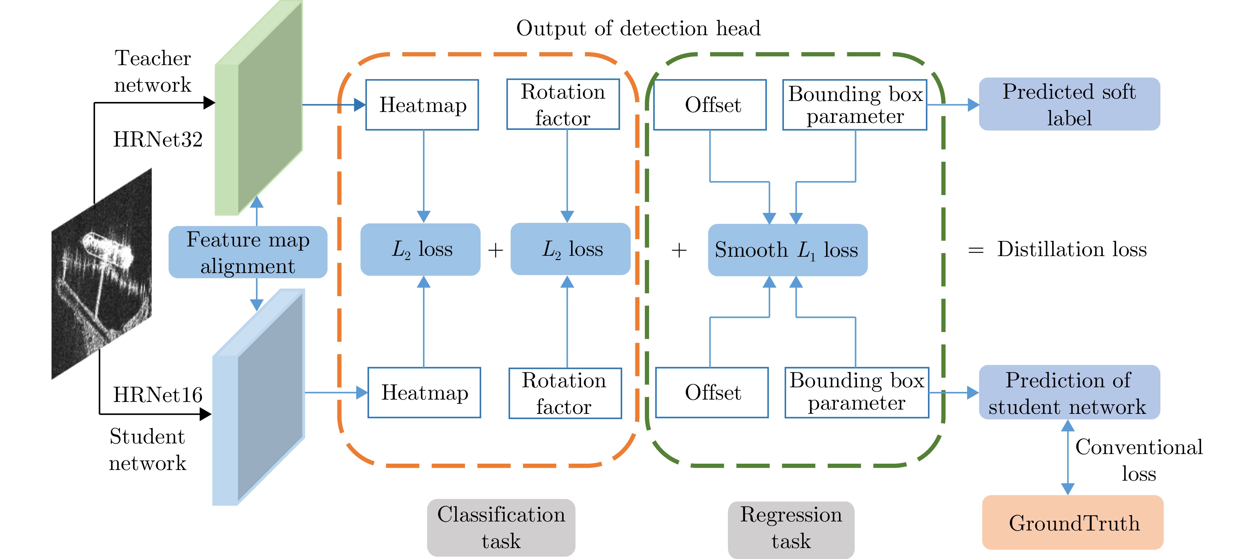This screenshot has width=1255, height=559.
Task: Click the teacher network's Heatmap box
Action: (x=422, y=105)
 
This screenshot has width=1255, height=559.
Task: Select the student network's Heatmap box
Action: (x=424, y=392)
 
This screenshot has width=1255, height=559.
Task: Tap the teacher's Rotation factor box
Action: (x=563, y=105)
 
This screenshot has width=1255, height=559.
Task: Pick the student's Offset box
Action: (x=712, y=392)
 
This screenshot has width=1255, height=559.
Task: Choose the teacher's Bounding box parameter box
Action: (x=855, y=105)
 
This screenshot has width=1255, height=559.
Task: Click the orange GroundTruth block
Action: (x=1073, y=522)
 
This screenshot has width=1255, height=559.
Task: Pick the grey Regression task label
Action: (x=791, y=528)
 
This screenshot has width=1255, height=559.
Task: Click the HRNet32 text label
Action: (x=157, y=140)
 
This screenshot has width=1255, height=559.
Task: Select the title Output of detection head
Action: (x=638, y=28)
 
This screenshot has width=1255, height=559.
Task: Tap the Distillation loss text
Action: (x=1071, y=249)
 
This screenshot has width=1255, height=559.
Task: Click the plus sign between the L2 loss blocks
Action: (x=495, y=250)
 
